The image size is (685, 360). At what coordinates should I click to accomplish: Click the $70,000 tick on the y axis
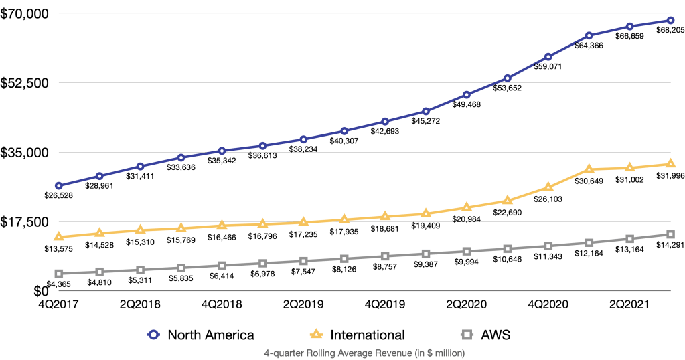click(x=22, y=13)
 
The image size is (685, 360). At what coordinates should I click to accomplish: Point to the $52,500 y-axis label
click(x=22, y=83)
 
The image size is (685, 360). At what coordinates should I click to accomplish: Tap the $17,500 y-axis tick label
click(x=22, y=221)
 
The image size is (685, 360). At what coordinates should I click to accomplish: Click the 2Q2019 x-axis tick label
click(x=303, y=303)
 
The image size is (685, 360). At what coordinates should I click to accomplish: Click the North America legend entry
click(x=200, y=335)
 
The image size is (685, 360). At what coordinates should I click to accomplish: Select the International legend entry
click(x=359, y=335)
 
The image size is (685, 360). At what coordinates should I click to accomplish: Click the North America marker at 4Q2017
click(x=59, y=185)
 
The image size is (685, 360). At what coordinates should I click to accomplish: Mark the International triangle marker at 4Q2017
click(x=59, y=236)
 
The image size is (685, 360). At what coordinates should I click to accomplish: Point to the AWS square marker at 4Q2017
click(x=59, y=274)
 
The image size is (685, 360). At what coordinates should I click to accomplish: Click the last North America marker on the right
click(x=670, y=20)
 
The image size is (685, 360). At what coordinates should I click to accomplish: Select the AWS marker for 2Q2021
click(x=629, y=239)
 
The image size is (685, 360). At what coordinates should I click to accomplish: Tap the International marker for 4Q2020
click(x=548, y=186)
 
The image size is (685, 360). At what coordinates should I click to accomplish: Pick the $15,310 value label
click(x=141, y=241)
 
